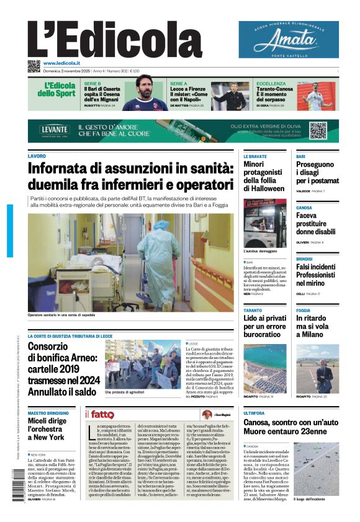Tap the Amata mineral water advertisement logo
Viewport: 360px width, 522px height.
coord(289,40)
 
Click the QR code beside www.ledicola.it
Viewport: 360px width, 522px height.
coord(34,66)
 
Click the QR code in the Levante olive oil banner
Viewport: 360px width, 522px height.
coord(318,130)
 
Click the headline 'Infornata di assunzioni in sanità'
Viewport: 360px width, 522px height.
coord(130,176)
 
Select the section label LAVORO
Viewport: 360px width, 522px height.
coord(37,156)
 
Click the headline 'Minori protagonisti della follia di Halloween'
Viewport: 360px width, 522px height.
coord(264,177)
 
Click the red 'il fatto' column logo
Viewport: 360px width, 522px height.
coord(100,414)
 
